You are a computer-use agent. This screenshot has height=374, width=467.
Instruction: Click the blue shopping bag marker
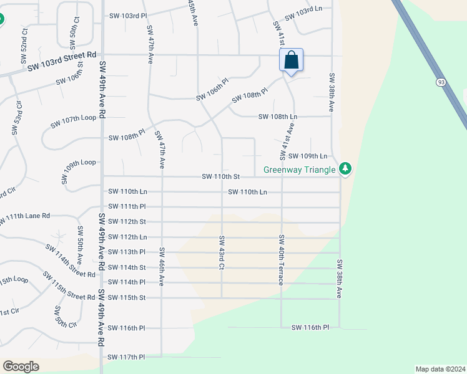pyautogui.click(x=291, y=60)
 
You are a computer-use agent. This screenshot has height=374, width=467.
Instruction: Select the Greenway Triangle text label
pyautogui.click(x=299, y=169)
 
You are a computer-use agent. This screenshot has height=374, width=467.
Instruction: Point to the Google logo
pyautogui.click(x=21, y=366)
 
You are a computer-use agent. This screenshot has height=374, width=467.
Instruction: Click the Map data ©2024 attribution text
pyautogui.click(x=440, y=369)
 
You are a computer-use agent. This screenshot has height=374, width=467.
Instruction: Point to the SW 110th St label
pyautogui.click(x=220, y=177)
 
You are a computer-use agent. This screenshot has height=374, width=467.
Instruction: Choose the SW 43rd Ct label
pyautogui.click(x=221, y=253)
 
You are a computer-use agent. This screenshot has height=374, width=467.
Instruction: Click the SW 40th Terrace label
pyautogui.click(x=282, y=259)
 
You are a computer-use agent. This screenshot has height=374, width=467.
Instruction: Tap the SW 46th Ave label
pyautogui.click(x=161, y=267)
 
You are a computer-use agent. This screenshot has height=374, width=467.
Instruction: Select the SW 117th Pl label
pyautogui.click(x=126, y=357)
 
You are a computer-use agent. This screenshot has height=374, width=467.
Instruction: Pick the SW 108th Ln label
pyautogui.click(x=278, y=117)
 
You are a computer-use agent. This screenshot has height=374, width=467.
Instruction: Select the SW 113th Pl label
pyautogui.click(x=127, y=252)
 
